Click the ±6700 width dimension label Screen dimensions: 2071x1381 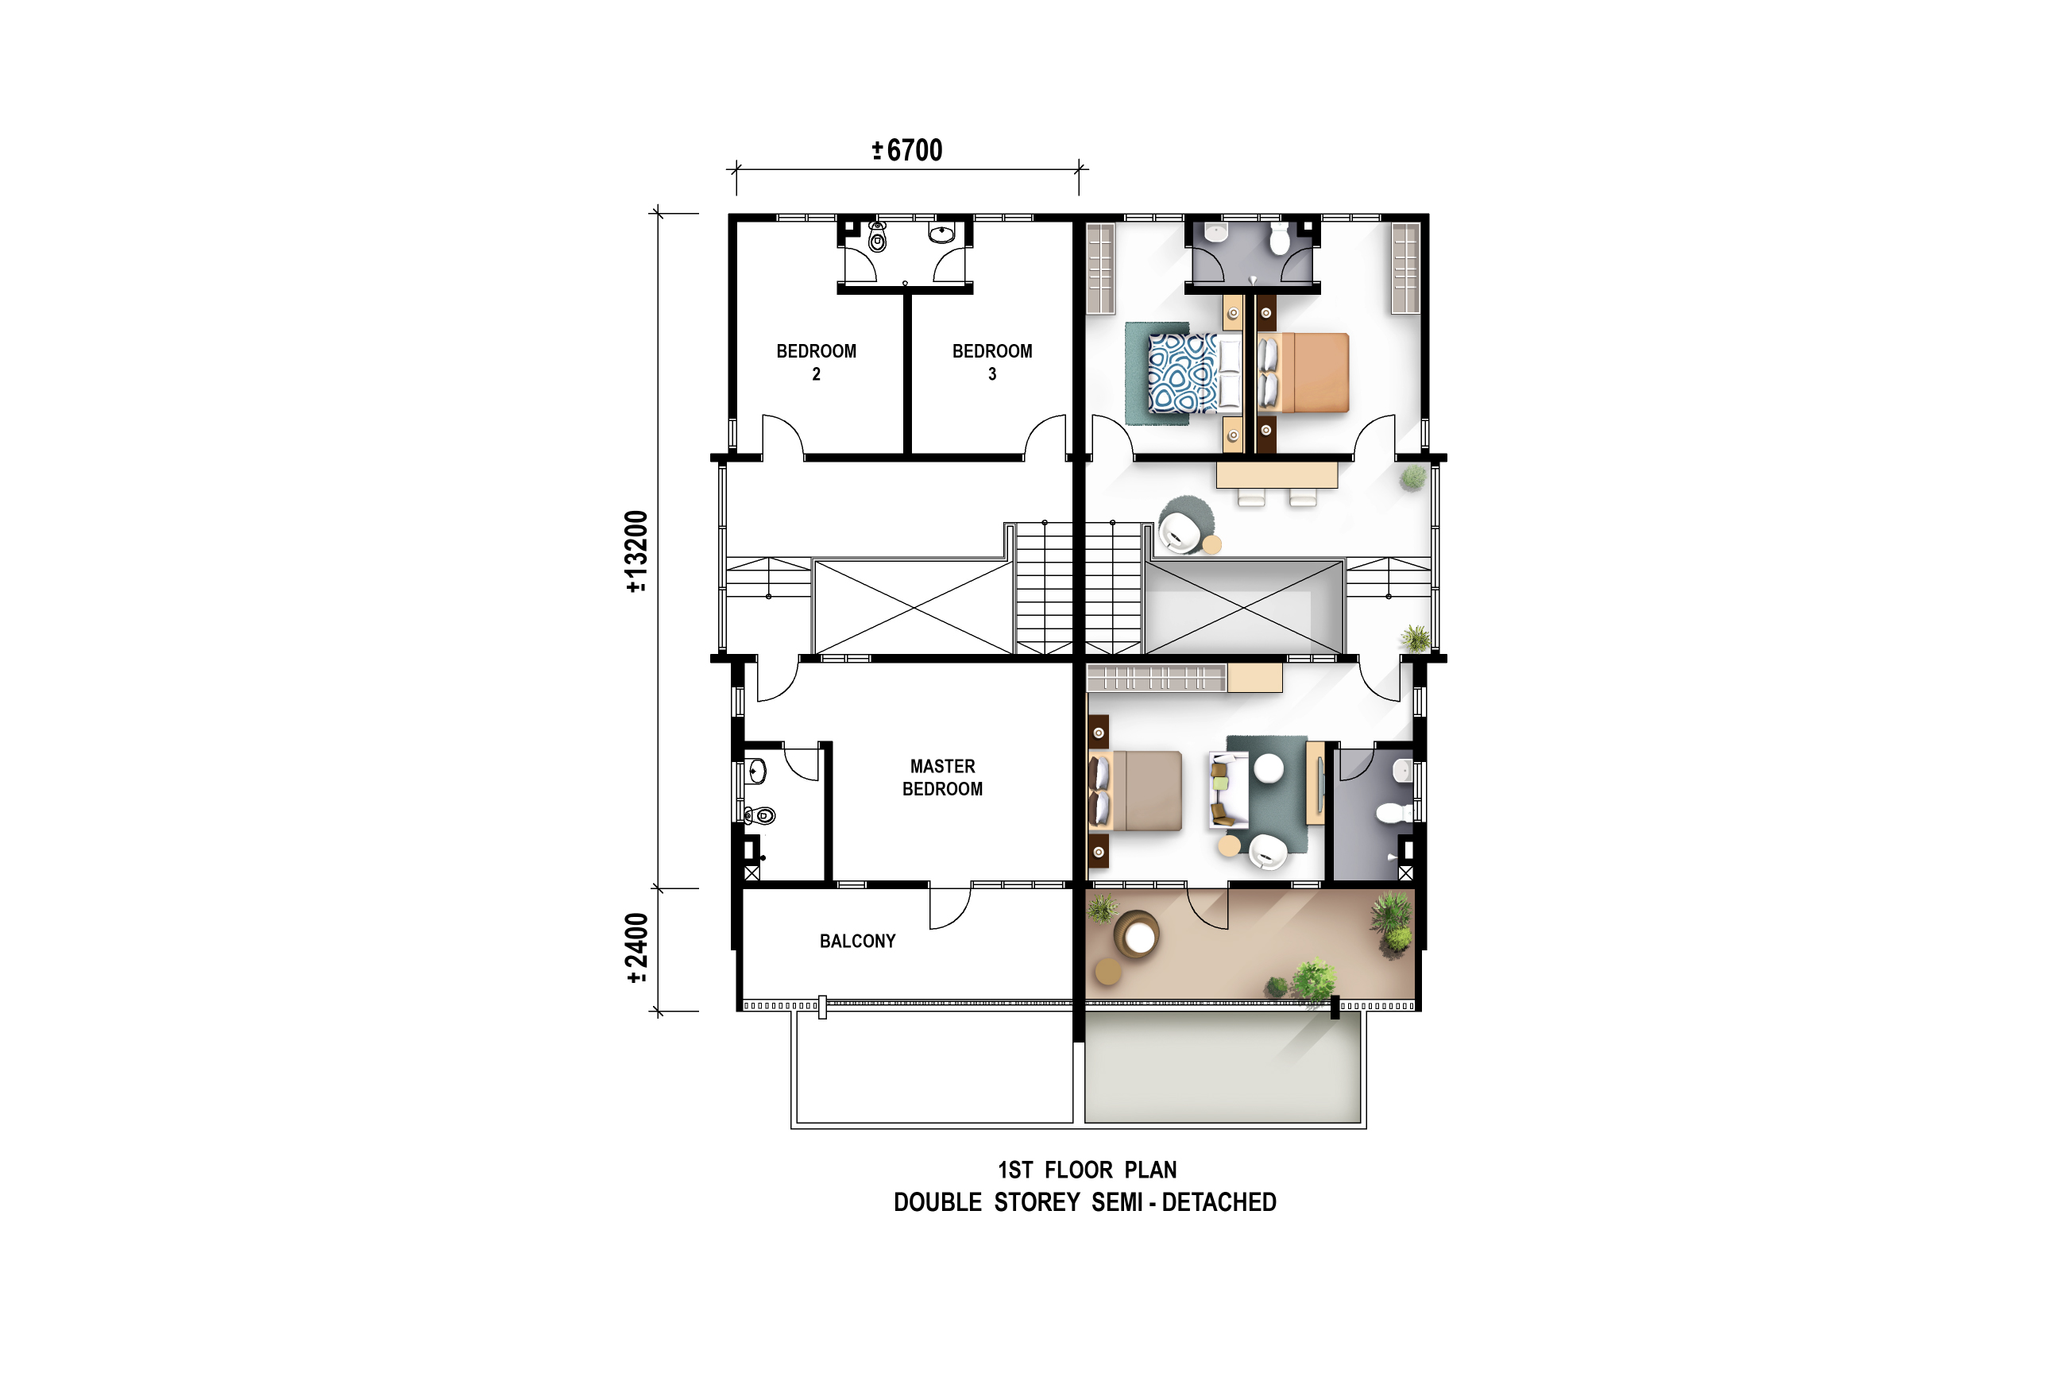click(907, 151)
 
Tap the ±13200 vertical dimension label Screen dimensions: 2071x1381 click(636, 552)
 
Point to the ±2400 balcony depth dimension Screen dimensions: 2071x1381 click(636, 949)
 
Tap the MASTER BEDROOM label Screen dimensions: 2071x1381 click(942, 778)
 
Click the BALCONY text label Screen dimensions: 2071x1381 click(858, 942)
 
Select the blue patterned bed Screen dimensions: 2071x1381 click(1194, 373)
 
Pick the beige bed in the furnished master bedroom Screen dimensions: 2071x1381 click(1135, 791)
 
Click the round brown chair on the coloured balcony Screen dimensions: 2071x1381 click(1137, 935)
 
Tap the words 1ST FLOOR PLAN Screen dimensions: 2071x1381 click(1087, 1170)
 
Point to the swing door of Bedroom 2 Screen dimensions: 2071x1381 click(782, 437)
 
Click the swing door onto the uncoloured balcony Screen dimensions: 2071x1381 click(950, 907)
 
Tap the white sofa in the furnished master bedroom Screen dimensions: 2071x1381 click(1228, 790)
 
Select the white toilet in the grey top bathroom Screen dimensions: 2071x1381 click(1280, 238)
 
